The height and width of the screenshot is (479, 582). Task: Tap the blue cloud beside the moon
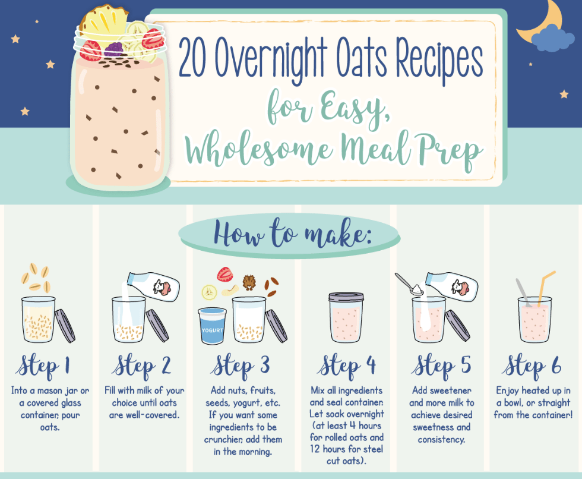click(552, 38)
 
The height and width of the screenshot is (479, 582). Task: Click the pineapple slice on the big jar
click(103, 21)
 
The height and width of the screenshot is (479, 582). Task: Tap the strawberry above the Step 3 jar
click(225, 274)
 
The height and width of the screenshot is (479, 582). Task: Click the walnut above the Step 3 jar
click(249, 282)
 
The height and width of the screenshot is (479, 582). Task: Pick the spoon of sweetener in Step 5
click(409, 285)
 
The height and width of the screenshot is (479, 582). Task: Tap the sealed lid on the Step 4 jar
click(346, 297)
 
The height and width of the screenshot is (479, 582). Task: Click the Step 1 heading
click(43, 366)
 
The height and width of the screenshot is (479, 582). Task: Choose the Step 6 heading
click(532, 366)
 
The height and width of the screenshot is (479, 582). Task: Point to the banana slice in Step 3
click(209, 292)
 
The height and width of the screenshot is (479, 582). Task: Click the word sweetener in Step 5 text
click(450, 390)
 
